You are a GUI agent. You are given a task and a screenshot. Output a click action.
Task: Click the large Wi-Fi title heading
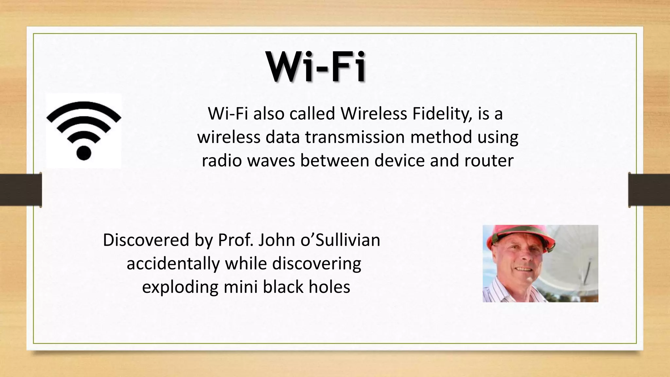(x=316, y=67)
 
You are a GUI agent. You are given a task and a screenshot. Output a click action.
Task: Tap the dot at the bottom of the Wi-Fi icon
(x=83, y=153)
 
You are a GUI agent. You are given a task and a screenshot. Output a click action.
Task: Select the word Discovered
(x=146, y=240)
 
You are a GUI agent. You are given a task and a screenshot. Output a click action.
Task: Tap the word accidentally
(x=173, y=263)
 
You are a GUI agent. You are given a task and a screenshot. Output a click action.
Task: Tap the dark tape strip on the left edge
(x=21, y=189)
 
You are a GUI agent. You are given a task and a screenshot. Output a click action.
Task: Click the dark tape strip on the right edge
(x=649, y=189)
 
